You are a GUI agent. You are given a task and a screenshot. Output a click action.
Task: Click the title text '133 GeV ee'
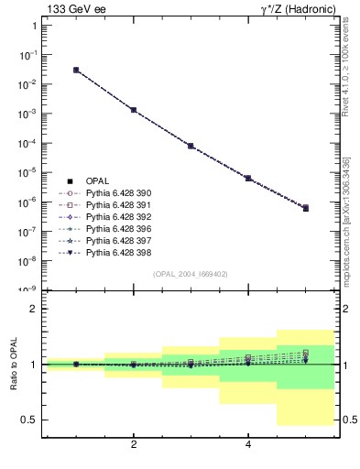pyautogui.click(x=71, y=9)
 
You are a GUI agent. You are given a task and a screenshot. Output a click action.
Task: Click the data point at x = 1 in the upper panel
pyautogui.click(x=76, y=70)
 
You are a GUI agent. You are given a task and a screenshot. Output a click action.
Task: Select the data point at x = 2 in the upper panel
pyautogui.click(x=134, y=110)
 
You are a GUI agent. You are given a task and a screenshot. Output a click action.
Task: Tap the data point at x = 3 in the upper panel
pyautogui.click(x=191, y=146)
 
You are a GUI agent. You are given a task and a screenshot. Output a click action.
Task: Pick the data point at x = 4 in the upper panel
pyautogui.click(x=248, y=178)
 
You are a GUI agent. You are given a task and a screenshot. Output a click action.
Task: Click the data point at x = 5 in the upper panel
pyautogui.click(x=306, y=208)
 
